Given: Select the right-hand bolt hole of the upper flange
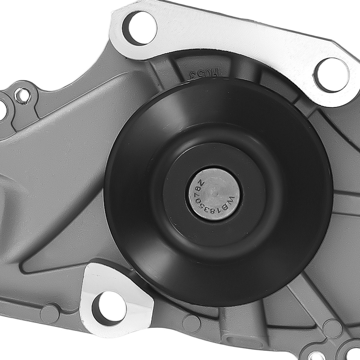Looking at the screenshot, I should (x=331, y=75).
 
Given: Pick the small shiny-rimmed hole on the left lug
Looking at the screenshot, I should (x=23, y=96).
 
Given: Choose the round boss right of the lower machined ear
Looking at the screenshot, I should (x=191, y=323).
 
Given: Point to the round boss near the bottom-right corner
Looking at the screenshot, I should (x=332, y=329).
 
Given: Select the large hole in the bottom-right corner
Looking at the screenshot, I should (x=353, y=355).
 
